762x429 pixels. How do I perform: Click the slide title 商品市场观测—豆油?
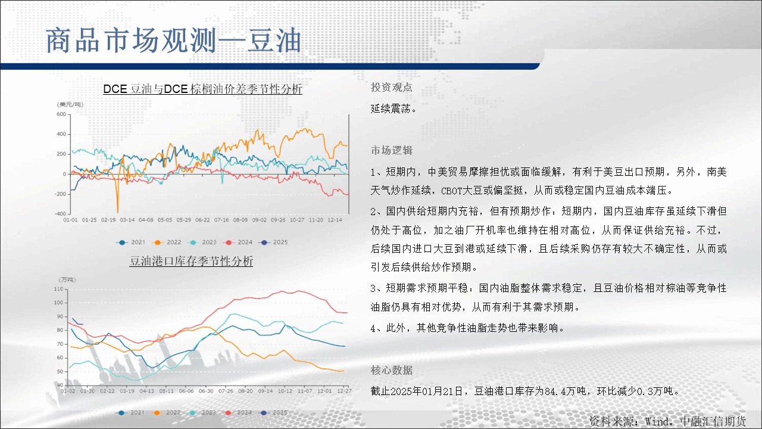[173, 41]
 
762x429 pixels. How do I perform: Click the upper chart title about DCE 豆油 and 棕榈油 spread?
[202, 89]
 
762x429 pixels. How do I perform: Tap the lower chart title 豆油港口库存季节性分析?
[191, 261]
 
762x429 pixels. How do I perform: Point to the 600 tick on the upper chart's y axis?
[61, 114]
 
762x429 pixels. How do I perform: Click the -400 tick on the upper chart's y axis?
[61, 214]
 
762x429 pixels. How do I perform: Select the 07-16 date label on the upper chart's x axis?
[221, 220]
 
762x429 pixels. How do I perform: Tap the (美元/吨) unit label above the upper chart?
[70, 104]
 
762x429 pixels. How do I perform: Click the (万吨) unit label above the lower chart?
[67, 279]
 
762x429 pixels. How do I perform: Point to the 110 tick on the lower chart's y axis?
[59, 289]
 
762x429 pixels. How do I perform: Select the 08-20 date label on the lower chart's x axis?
[245, 391]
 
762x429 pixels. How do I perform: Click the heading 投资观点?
[392, 88]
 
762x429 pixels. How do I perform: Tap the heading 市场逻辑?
[392, 151]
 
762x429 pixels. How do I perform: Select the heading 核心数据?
[392, 370]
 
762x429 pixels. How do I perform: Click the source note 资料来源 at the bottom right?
[667, 421]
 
